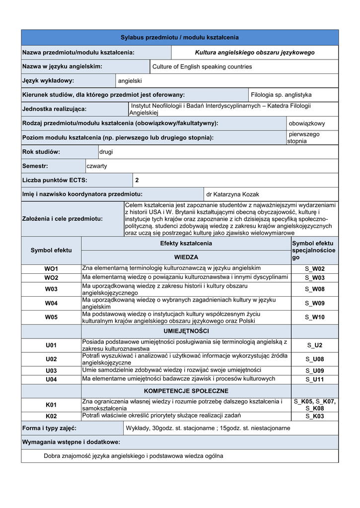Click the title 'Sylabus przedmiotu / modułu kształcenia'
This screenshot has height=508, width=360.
(x=180, y=38)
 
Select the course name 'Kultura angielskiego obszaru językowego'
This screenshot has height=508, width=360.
(x=255, y=53)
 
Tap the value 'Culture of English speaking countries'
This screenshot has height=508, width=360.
(x=202, y=66)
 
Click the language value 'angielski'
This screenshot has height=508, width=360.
(x=130, y=80)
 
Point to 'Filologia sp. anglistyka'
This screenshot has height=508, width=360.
(x=281, y=95)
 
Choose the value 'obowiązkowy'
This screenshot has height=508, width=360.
(x=307, y=124)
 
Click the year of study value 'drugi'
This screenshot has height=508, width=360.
(x=106, y=152)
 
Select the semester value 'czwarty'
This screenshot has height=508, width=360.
(x=97, y=166)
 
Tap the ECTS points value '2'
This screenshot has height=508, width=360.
(x=137, y=180)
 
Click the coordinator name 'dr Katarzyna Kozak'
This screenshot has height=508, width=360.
(x=232, y=194)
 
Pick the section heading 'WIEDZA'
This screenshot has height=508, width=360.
(x=186, y=257)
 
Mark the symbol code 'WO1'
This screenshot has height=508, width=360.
(x=51, y=269)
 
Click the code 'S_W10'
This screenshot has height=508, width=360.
(x=315, y=317)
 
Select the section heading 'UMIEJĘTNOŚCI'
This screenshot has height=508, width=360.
(x=186, y=331)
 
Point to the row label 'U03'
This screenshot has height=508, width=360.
(x=51, y=371)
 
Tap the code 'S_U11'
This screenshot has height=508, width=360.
(x=315, y=380)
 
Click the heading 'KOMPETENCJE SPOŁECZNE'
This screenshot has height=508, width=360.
(x=186, y=391)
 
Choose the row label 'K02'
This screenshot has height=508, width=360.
(x=51, y=416)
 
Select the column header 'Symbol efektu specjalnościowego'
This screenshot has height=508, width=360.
(x=314, y=251)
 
